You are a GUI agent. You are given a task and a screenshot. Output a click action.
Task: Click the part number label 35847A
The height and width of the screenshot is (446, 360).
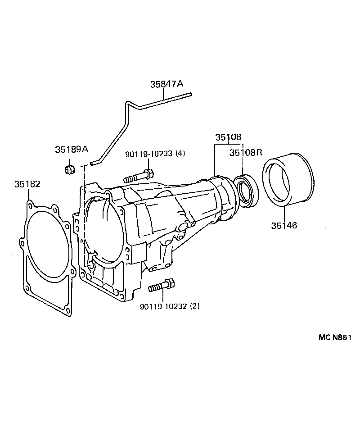pos(167,84)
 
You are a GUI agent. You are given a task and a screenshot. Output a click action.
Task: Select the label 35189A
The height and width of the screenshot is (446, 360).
pos(72,150)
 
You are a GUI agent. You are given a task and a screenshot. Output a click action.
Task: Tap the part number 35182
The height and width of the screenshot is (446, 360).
pos(27,184)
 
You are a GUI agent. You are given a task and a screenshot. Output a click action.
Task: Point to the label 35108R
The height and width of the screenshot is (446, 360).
pos(246,153)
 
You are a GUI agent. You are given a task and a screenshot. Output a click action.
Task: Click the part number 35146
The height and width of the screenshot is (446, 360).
pos(284,225)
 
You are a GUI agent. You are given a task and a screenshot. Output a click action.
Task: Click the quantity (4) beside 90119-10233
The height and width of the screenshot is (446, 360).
pos(180,154)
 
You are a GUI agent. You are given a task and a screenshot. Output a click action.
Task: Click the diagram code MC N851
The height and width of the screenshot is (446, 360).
pos(335,338)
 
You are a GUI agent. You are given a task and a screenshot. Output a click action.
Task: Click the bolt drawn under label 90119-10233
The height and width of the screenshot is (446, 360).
pos(138,176)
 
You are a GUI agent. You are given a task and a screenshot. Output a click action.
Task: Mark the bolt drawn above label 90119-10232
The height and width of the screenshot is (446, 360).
pos(161,285)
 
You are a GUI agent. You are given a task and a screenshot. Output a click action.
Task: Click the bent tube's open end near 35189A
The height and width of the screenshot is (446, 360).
pos(92,164)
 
